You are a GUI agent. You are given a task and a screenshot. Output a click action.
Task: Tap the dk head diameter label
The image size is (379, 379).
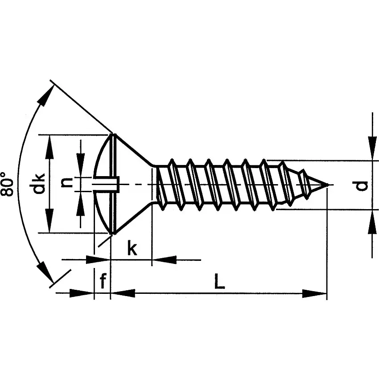pyautogui.click(x=39, y=184)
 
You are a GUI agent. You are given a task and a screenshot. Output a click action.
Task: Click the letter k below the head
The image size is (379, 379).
pyautogui.click(x=132, y=248)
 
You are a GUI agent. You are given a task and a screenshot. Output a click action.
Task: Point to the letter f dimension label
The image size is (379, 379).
pyautogui.click(x=103, y=281)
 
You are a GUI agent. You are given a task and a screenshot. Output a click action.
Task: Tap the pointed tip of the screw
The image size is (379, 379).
pyautogui.click(x=328, y=184)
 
